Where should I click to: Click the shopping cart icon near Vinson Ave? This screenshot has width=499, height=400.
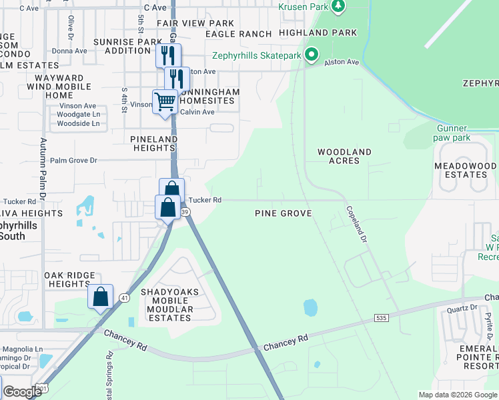[x=165, y=102]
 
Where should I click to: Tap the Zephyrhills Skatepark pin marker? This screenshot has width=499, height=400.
[x=311, y=55]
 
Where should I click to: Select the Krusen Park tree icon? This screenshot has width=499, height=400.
[x=338, y=6]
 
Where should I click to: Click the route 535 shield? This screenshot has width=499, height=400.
[x=381, y=319]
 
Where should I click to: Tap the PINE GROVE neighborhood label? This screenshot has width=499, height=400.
[x=284, y=213]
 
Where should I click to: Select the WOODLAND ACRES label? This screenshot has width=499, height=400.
[x=344, y=157]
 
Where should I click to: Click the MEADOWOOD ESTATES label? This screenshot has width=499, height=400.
[x=465, y=170]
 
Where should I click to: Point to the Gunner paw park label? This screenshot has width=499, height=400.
[x=454, y=133]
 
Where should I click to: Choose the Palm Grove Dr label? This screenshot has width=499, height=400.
[x=73, y=160]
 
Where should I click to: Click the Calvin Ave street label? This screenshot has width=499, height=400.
[x=198, y=111]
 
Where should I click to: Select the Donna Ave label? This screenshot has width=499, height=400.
[x=69, y=51]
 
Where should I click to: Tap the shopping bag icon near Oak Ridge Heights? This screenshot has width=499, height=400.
[x=100, y=296]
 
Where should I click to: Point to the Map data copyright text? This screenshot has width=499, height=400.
[x=457, y=395]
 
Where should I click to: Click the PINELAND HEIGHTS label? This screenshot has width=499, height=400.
[x=154, y=143]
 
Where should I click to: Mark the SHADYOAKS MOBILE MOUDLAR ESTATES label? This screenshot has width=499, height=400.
[x=167, y=305]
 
